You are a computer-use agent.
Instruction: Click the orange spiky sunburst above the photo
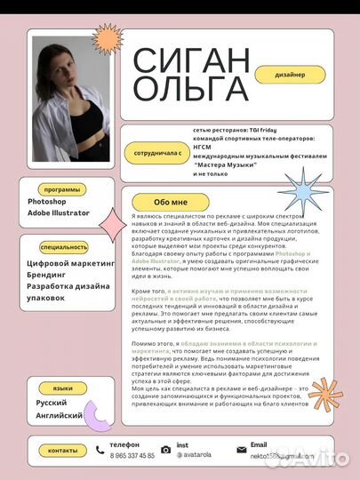coord(108,39)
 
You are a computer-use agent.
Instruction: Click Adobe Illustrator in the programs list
coord(59,213)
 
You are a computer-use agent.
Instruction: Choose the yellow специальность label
coord(65,247)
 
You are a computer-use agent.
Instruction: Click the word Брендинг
coord(52,276)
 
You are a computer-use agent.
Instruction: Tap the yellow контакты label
coord(62,451)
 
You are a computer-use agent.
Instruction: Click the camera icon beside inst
coord(165,451)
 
